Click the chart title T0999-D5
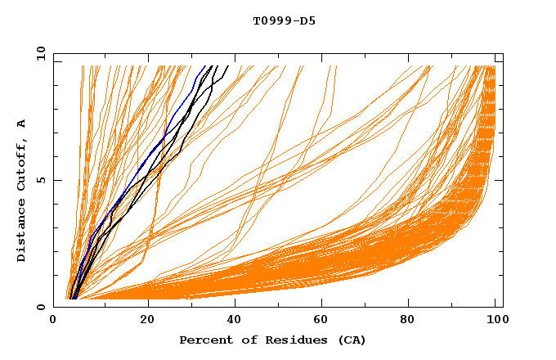pyautogui.click(x=284, y=21)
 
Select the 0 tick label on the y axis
pyautogui.click(x=41, y=307)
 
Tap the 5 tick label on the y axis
pyautogui.click(x=41, y=180)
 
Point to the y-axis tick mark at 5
pyautogui.click(x=56, y=180)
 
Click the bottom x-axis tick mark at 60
pyautogui.click(x=325, y=304)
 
